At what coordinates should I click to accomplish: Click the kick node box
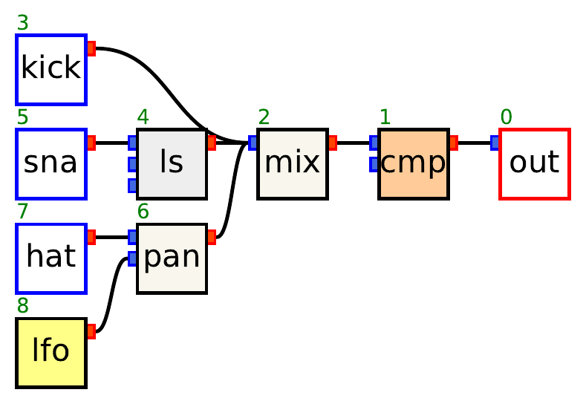51,69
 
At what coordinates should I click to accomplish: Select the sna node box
51,163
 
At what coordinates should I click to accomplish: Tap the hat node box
51,258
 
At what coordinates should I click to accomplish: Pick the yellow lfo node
51,351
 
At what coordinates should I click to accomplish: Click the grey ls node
172,163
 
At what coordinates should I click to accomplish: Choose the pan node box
172,258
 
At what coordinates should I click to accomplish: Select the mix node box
293,163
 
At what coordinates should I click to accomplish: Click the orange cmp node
414,163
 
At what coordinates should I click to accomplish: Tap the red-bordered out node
534,163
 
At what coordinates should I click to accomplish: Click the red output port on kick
91,49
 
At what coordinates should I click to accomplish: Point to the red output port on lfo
91,331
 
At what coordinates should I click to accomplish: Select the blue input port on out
495,143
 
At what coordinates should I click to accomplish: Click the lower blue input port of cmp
374,164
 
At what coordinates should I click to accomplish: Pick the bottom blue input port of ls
133,185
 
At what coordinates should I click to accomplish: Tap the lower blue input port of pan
133,258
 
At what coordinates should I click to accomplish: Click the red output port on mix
333,143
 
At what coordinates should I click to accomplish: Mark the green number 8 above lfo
22,305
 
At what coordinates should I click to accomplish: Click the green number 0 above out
506,117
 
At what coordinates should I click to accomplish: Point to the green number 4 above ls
143,117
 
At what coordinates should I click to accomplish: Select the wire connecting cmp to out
475,143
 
